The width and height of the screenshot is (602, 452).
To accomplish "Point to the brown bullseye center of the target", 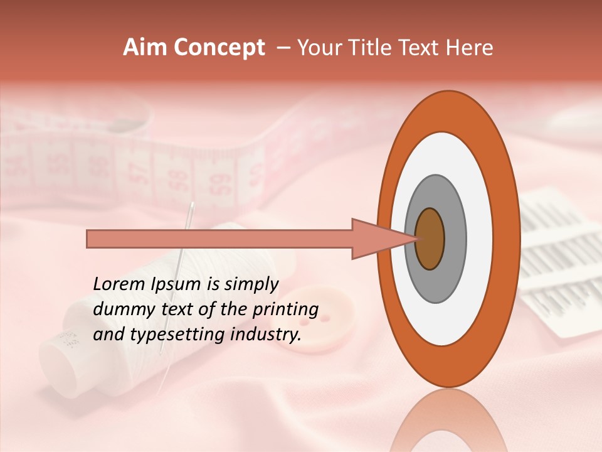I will tap(430, 239).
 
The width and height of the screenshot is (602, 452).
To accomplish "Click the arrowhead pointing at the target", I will tap(383, 239).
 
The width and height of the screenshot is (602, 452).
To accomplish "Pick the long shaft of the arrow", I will tap(219, 239).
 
